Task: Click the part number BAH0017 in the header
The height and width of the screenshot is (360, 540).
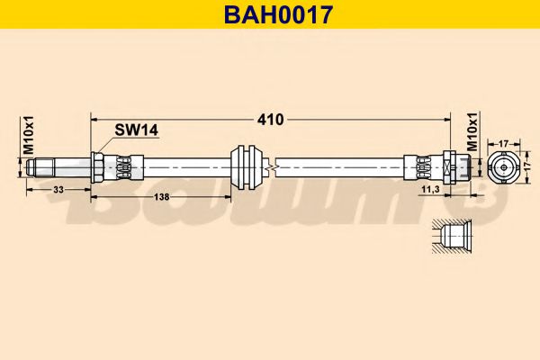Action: [269, 13]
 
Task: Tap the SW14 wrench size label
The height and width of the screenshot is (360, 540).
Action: [136, 130]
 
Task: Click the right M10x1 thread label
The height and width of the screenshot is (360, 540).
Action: [472, 134]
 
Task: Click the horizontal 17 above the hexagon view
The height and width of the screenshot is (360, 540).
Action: [504, 141]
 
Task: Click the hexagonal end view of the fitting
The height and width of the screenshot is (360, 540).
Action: [504, 166]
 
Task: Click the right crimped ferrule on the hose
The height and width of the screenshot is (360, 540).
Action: [421, 166]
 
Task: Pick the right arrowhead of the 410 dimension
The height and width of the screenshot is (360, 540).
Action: [445, 119]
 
